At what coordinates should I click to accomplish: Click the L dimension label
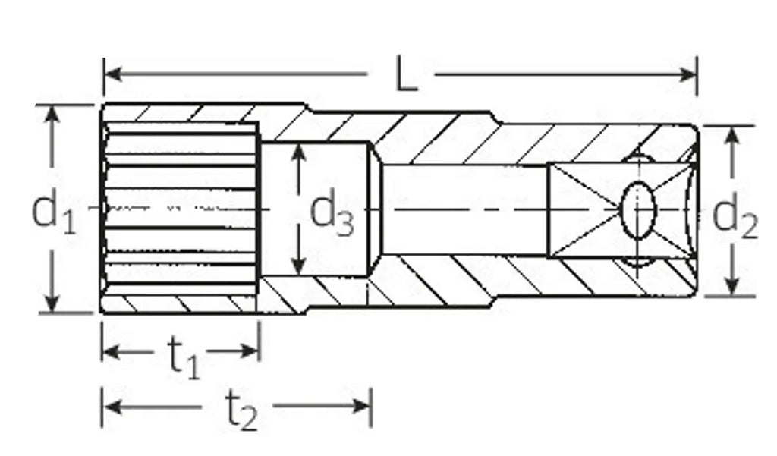[x=407, y=74]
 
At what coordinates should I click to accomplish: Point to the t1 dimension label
[x=184, y=356]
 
